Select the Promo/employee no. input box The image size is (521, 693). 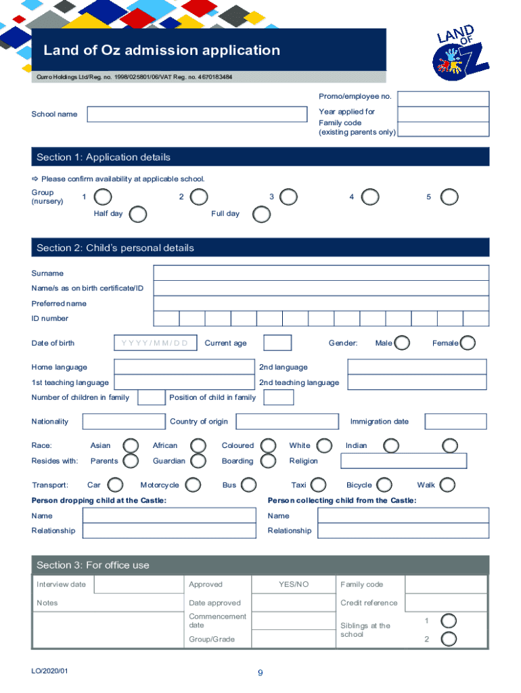coord(443,97)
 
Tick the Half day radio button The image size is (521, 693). coord(138,215)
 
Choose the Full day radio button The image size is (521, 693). coord(261,215)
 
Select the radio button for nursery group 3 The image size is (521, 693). coord(288,197)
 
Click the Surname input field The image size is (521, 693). coord(321,273)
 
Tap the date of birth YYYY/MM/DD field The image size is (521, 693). coord(156,343)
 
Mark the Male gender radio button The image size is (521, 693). coord(402,343)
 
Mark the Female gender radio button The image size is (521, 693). coord(468,343)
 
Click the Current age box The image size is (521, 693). coord(277,343)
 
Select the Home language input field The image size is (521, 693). coord(184,367)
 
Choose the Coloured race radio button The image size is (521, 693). coord(269,445)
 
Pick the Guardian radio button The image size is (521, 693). coord(198,461)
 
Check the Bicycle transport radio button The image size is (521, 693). coord(384,485)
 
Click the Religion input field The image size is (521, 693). coord(403,461)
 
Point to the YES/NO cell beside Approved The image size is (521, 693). coord(293,584)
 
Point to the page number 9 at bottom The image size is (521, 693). coord(260,673)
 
